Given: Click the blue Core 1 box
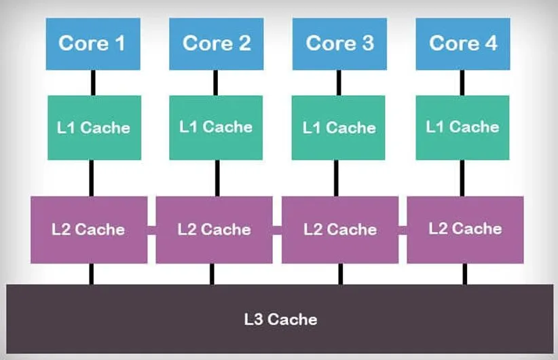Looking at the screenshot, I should tap(93, 44).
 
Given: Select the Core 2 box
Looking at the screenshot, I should tap(216, 44).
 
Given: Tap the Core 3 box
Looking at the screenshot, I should tap(339, 44).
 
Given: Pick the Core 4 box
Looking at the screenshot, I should tap(462, 44).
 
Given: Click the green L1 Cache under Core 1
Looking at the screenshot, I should tap(94, 128).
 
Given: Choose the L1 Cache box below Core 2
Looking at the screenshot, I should tap(216, 127).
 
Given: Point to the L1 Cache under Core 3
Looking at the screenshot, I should tap(339, 128).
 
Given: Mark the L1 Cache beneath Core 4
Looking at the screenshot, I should tap(462, 127).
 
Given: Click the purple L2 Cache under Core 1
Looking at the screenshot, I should tap(88, 230).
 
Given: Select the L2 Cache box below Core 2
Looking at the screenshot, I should tap(214, 230).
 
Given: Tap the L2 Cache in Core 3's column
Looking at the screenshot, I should tap(340, 230).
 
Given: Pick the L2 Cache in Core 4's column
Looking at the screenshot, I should tap(465, 229).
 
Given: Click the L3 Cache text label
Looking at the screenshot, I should tap(280, 319).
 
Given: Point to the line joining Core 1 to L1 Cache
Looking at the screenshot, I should tap(93, 82).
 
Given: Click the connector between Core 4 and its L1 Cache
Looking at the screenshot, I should tap(462, 82).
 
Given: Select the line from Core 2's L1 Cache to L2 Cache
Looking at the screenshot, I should tap(217, 178).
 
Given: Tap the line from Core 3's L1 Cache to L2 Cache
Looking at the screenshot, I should tap(339, 178).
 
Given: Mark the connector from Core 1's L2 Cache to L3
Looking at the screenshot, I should tap(91, 274).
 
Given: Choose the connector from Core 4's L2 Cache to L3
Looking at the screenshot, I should tap(465, 274).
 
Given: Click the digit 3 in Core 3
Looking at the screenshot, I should tap(367, 43).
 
